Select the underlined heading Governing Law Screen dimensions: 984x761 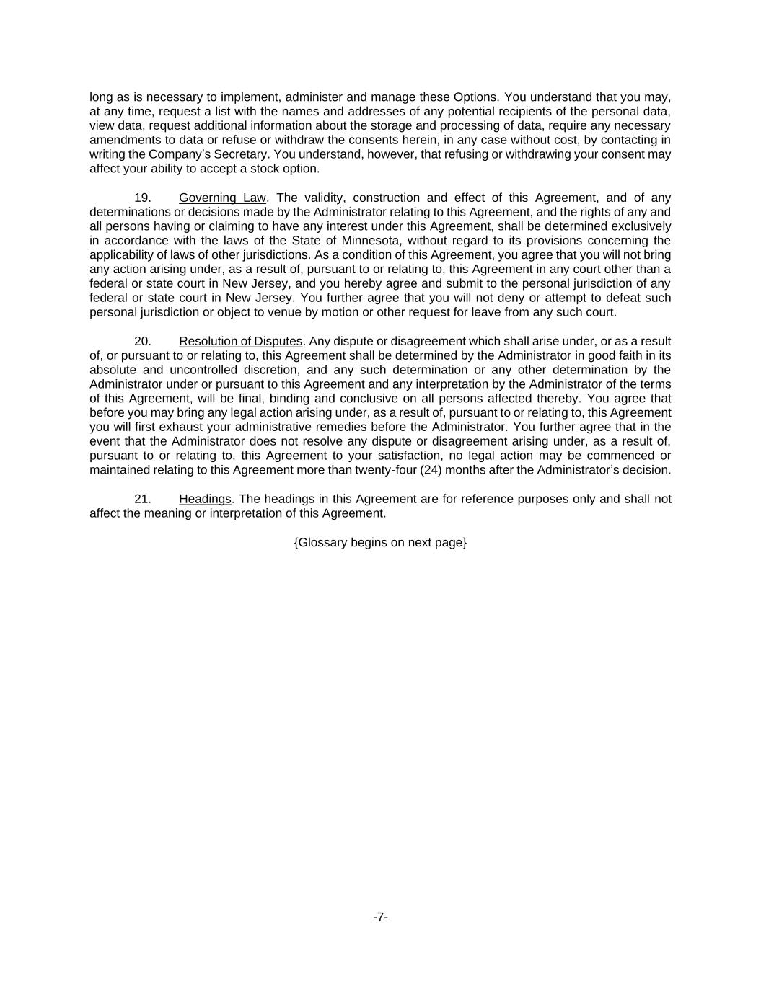coord(222,198)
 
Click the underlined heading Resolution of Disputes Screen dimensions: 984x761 coord(240,341)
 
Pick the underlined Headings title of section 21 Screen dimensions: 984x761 coord(205,499)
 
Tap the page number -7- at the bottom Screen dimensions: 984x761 coord(380,917)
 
